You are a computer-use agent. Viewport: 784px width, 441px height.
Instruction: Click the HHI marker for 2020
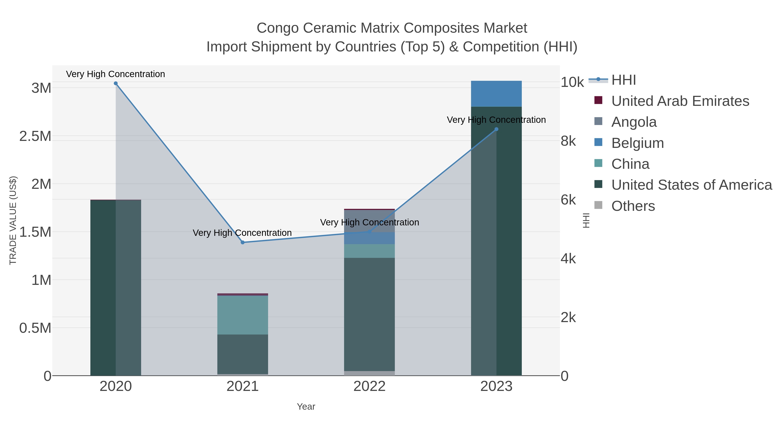[116, 83]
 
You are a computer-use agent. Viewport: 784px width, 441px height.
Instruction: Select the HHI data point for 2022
[370, 232]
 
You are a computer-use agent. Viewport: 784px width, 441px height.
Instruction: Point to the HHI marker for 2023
[496, 129]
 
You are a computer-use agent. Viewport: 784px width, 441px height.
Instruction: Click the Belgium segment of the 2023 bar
[496, 94]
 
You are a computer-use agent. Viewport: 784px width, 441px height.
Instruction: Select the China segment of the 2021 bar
[243, 315]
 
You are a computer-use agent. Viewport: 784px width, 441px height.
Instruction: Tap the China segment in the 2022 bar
[370, 251]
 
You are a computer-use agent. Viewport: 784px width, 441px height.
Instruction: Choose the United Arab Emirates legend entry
[680, 101]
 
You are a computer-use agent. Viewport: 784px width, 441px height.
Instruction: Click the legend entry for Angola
[634, 122]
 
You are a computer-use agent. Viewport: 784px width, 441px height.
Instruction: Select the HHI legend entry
[623, 80]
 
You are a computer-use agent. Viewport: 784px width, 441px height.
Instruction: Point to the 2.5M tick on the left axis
[35, 136]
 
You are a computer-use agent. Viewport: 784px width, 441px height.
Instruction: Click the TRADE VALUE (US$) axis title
[13, 220]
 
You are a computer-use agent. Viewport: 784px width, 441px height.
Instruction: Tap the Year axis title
[306, 407]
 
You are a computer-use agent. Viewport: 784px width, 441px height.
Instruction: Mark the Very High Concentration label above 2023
[496, 120]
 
